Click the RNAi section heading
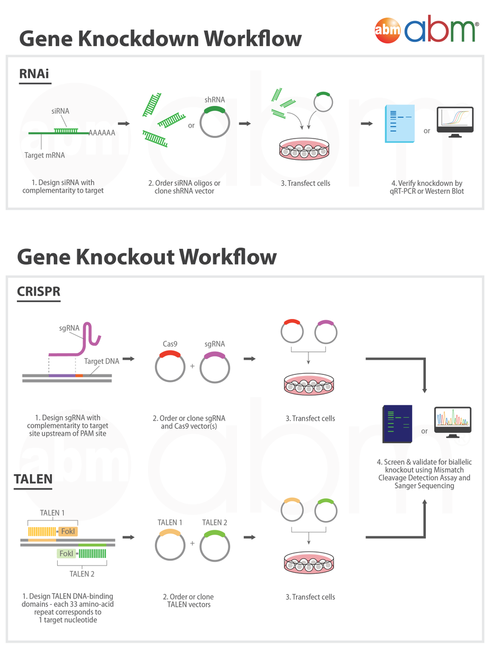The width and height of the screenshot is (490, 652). tap(34, 74)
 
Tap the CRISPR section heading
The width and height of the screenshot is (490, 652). tap(38, 292)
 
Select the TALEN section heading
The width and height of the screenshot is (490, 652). tap(33, 479)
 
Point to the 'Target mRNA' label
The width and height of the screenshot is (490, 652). tap(45, 155)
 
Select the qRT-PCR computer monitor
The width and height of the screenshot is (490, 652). tap(455, 122)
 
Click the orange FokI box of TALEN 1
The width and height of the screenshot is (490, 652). tap(69, 531)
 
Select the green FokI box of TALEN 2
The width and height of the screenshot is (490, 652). tap(66, 554)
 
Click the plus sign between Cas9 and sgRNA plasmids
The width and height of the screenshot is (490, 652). tap(193, 366)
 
